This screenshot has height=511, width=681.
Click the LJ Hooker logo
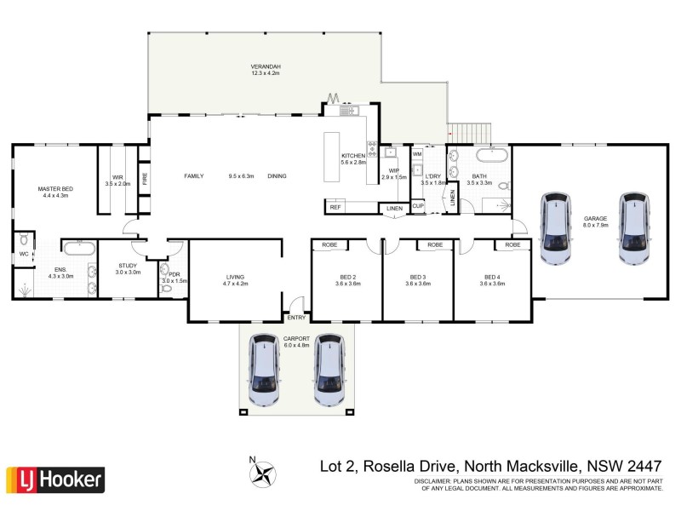pos(55,479)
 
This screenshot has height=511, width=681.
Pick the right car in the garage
pos(634,231)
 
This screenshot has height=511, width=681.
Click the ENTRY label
pos(296,318)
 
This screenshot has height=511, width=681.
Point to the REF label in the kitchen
pos(335,207)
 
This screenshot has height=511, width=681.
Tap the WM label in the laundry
pos(417,154)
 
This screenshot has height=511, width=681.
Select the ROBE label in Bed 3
pos(435,245)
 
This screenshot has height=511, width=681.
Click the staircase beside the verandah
pos(470,132)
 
